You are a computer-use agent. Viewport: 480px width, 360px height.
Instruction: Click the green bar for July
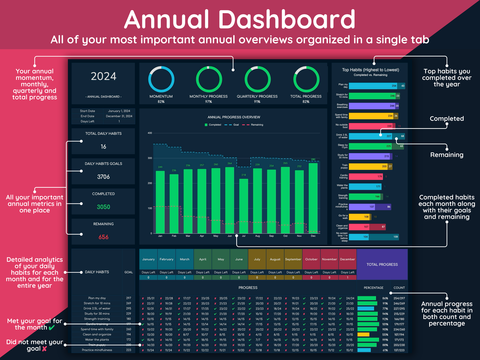[243, 206]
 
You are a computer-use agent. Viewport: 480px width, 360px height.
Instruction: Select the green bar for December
[313, 199]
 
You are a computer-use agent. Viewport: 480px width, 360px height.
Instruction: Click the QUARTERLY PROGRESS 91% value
[257, 102]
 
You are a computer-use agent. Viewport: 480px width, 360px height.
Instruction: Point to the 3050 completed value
[103, 207]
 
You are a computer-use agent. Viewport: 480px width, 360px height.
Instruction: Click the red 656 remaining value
[103, 237]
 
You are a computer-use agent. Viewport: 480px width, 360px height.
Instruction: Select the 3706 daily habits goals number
[103, 177]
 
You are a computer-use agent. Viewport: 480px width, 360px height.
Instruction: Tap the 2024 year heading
[103, 76]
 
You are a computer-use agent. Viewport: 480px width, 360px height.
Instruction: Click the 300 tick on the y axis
[150, 158]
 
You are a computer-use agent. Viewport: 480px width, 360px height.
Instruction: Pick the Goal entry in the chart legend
[233, 125]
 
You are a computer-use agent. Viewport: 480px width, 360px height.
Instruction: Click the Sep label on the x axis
[271, 236]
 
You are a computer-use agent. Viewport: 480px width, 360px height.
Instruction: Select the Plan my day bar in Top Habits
[373, 86]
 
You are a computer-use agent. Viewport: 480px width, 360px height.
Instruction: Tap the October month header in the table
[311, 259]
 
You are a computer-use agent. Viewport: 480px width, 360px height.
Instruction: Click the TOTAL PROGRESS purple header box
[382, 264]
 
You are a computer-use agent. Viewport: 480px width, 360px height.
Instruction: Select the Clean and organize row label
[97, 334]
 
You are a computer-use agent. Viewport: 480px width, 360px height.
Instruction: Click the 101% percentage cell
[385, 324]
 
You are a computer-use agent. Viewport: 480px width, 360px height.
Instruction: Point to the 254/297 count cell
[399, 298]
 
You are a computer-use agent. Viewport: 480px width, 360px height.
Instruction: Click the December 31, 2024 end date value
[119, 116]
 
